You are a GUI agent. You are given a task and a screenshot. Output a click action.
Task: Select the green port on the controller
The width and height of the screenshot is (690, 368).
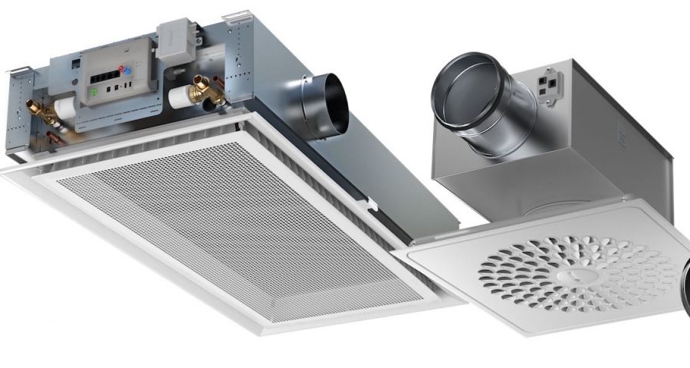[94, 91]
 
